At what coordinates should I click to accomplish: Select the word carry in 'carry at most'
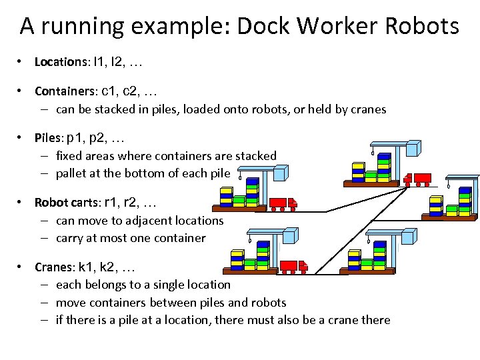(x=70, y=238)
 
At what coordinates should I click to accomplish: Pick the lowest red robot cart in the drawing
(x=293, y=266)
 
